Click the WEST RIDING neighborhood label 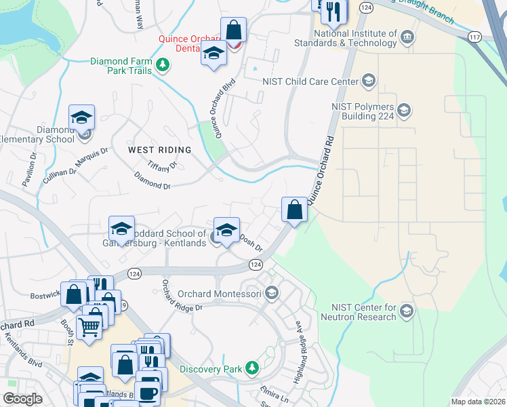tap(159, 149)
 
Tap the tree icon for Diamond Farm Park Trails tap(163, 65)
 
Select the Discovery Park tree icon tap(252, 368)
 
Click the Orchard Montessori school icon tap(272, 294)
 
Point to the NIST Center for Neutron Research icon tap(407, 311)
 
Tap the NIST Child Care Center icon tap(368, 82)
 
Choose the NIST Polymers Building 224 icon tap(404, 110)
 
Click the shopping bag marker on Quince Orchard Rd tap(295, 210)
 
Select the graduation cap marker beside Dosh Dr tap(227, 229)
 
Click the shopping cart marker tap(90, 328)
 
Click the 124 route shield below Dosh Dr tap(255, 264)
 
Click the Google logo tap(22, 399)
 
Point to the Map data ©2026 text tap(477, 402)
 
